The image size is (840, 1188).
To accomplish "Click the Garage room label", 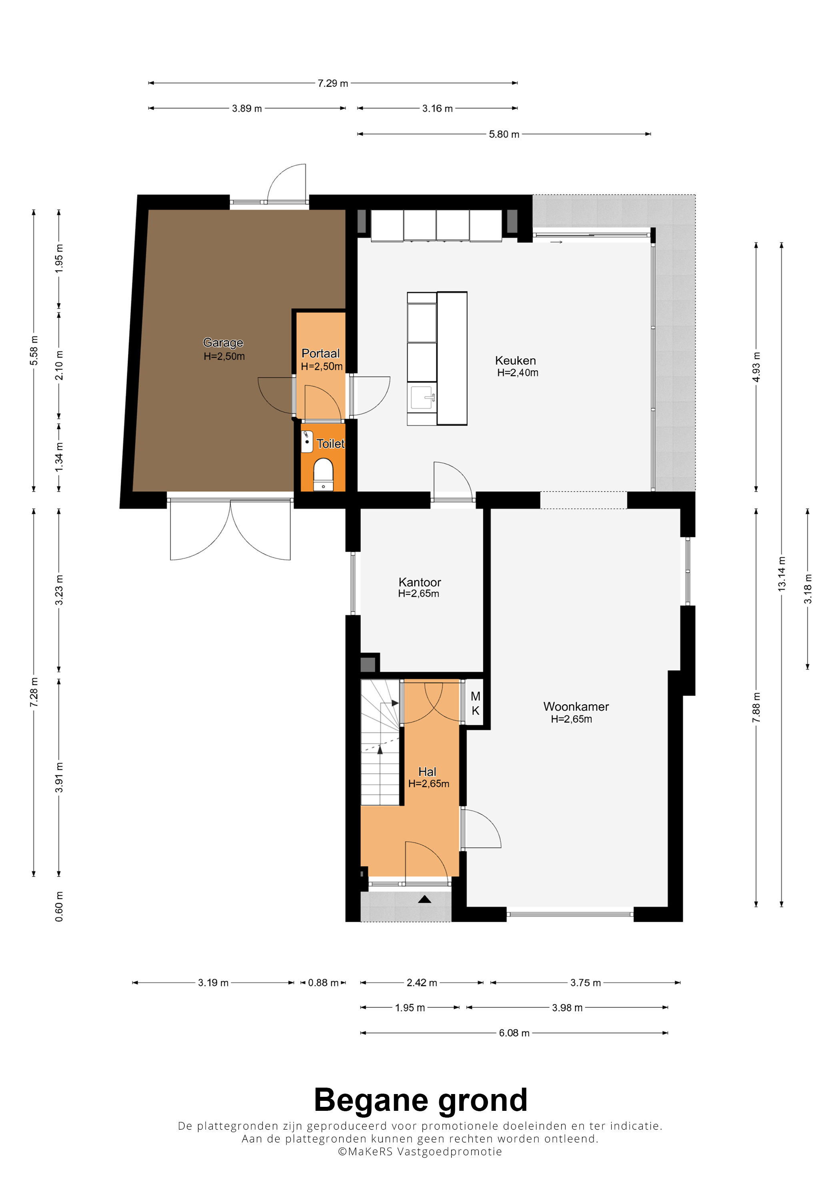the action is point(223,343).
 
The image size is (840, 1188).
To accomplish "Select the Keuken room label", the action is point(516,361).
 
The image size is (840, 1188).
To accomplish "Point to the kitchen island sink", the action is point(422,398).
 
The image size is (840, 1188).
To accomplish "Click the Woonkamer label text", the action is point(576,707).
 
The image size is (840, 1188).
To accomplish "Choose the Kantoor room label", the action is point(420,582).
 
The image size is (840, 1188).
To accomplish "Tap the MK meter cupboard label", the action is point(476,704).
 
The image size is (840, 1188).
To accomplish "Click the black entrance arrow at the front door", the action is point(424,899).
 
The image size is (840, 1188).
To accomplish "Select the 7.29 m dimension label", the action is point(333,83).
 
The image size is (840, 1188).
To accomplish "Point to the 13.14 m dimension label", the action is point(782,574).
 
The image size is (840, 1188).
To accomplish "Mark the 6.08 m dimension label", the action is point(514,1033).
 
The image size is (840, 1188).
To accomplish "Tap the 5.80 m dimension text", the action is point(504,134).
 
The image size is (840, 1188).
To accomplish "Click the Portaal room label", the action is point(320,353).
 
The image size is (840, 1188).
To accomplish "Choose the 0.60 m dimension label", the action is point(60,906).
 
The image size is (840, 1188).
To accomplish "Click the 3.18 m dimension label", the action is point(808,589).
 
